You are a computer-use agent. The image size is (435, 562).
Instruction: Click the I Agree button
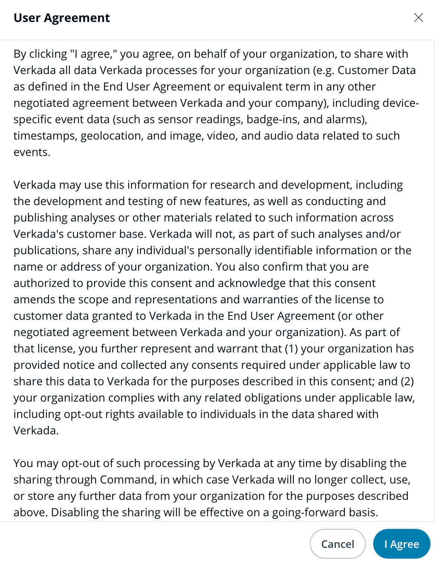[x=401, y=544]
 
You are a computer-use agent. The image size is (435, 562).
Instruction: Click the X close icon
[x=418, y=17]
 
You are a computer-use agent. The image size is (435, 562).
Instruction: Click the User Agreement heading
[x=61, y=18]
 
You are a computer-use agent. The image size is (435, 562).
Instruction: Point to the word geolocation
[x=111, y=136]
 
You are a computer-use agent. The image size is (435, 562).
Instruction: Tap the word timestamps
[x=45, y=136]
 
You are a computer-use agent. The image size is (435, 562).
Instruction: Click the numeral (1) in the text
[x=291, y=349]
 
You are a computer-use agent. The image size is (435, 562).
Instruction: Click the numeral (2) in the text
[x=407, y=381]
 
